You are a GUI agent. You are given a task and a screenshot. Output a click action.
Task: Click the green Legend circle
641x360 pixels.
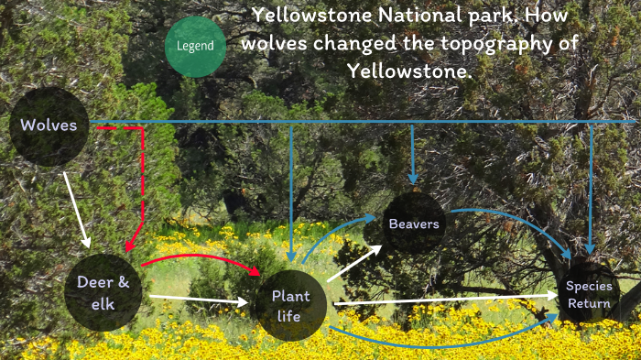click(x=195, y=46)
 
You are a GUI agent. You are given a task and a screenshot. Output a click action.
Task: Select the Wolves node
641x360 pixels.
click(x=49, y=125)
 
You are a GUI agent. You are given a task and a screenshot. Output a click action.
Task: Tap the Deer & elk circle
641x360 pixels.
click(x=103, y=292)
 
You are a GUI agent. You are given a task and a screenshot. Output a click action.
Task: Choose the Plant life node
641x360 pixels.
click(x=290, y=306)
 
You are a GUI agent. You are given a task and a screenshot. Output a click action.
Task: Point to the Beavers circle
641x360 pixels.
click(x=414, y=224)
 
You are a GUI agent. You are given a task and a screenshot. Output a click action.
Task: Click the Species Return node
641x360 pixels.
click(x=588, y=294)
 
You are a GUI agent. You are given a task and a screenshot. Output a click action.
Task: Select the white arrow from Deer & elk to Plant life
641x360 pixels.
click(x=197, y=299)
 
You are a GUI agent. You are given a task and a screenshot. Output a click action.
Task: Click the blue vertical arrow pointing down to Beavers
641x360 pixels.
click(x=413, y=151)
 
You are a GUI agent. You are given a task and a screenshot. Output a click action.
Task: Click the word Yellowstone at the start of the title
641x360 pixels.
click(x=304, y=15)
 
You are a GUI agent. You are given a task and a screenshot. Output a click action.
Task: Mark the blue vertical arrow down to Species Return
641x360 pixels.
click(x=591, y=188)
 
